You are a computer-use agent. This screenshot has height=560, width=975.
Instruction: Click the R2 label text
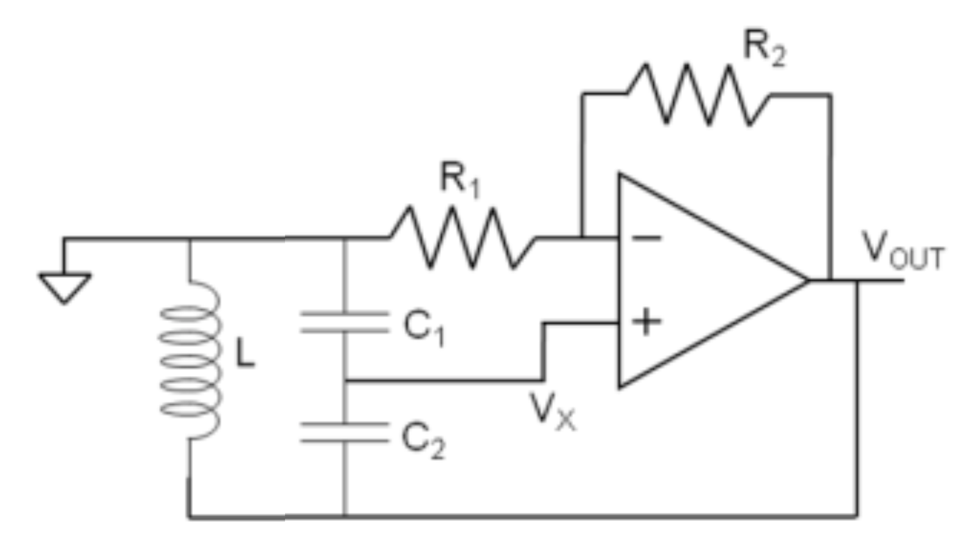point(763,48)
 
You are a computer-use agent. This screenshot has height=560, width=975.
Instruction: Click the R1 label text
point(460,180)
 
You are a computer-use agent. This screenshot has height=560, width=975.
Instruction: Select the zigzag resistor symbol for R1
point(463,238)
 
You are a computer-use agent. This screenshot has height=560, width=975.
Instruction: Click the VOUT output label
point(902,251)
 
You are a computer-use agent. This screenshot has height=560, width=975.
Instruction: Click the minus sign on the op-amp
point(646,238)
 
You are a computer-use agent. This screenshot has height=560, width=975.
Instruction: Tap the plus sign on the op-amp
point(646,322)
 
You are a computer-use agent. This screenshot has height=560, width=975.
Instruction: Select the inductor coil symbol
point(190,361)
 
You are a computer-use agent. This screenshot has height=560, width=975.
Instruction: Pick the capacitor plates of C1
point(344,322)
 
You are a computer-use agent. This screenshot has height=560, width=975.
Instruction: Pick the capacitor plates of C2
point(344,432)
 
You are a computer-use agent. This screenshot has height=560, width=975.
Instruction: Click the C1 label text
point(423,328)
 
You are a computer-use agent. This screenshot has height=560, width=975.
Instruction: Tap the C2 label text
point(423,440)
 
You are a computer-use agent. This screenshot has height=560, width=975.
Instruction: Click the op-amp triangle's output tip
point(807,281)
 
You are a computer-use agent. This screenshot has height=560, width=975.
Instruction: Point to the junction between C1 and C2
point(344,381)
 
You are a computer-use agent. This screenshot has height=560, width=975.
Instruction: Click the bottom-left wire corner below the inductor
point(190,517)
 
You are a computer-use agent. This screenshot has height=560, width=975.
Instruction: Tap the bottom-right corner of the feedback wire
point(856,516)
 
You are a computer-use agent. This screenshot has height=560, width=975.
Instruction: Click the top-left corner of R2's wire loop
point(583,95)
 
